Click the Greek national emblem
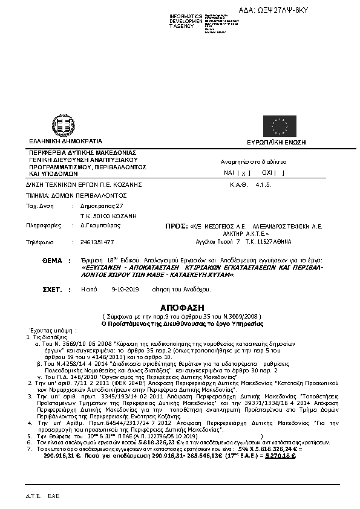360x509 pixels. click(x=63, y=124)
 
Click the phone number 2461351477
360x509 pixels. click(x=97, y=242)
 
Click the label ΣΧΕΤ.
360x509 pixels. click(x=53, y=290)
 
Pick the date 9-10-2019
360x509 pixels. click(x=125, y=290)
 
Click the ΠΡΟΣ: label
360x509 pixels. click(x=176, y=225)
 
